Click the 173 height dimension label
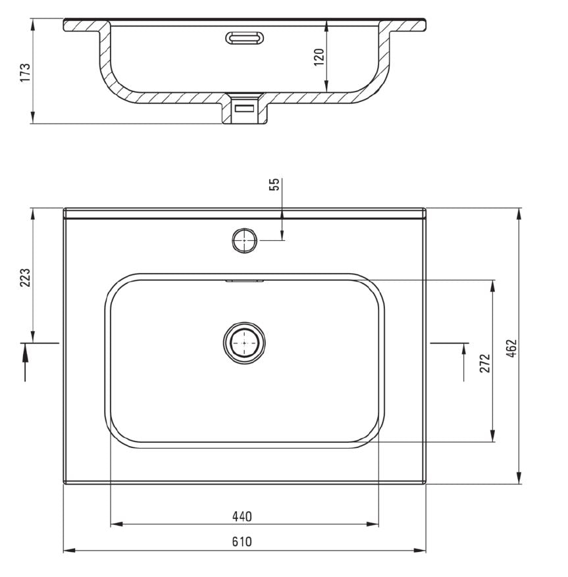click(x=25, y=72)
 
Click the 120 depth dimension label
click(x=319, y=57)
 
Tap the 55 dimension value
click(x=274, y=184)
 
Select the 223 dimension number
click(x=25, y=278)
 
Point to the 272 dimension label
click(x=485, y=363)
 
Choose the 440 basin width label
click(x=242, y=516)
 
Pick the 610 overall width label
click(x=242, y=542)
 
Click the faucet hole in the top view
click(x=244, y=241)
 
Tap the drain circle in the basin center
click(x=244, y=343)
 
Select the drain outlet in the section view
click(x=245, y=109)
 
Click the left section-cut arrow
click(x=26, y=362)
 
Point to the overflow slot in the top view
click(x=244, y=281)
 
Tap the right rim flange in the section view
click(x=407, y=26)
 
